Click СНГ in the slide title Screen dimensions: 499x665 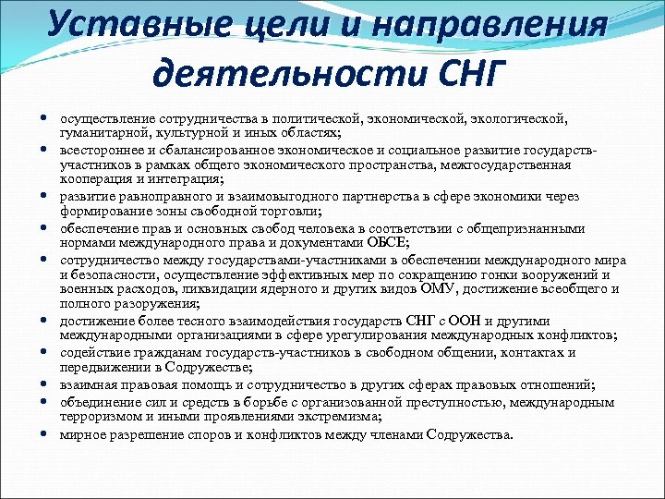(x=456, y=72)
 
